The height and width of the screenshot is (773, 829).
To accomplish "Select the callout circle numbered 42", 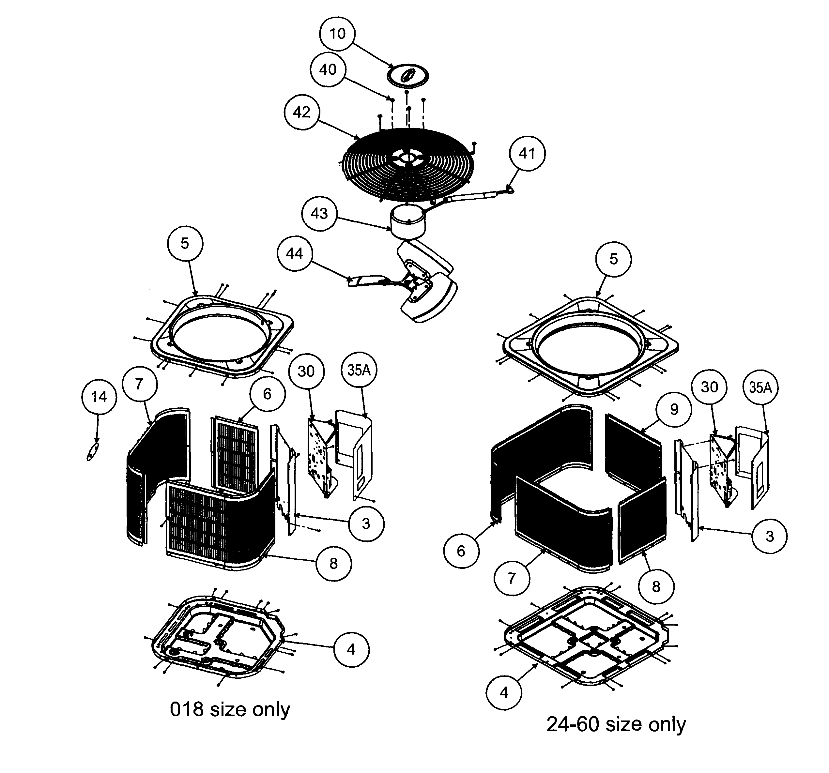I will (302, 113).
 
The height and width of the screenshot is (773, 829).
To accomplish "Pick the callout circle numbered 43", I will (319, 213).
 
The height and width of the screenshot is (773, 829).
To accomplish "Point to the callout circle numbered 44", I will (294, 253).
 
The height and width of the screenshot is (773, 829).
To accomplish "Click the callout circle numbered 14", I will (99, 397).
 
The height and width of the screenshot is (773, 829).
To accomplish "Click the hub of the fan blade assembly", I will (415, 283).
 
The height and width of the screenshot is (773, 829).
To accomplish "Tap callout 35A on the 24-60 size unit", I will (760, 388).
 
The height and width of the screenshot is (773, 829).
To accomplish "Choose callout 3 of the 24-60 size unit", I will (769, 536).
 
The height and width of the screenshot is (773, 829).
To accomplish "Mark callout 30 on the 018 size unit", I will (306, 371).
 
